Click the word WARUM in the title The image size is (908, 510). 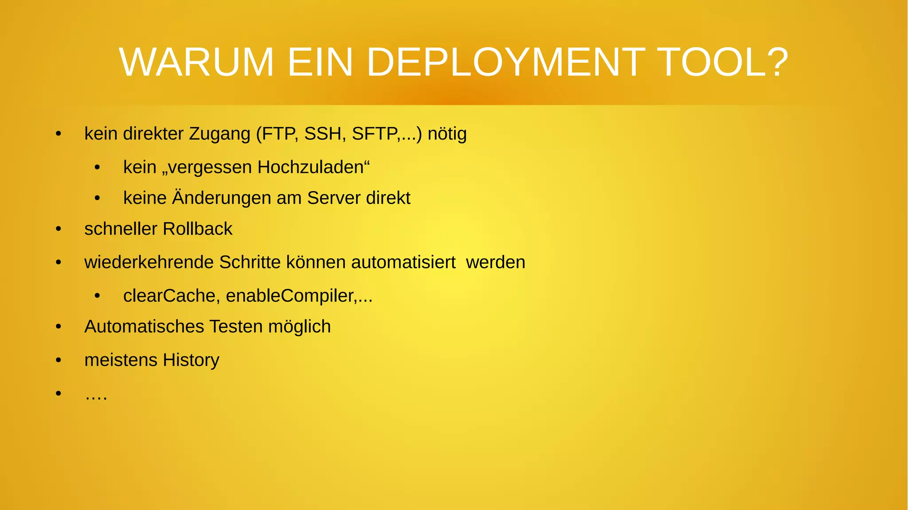(x=196, y=63)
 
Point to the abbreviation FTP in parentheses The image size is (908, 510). (x=279, y=134)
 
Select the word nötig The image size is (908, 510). (x=447, y=134)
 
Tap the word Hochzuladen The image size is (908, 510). (x=310, y=168)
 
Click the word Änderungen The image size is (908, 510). (x=221, y=198)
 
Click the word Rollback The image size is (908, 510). (x=197, y=229)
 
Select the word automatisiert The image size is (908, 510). (x=403, y=262)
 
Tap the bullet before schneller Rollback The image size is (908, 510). (x=59, y=229)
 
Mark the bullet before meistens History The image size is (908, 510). (x=59, y=361)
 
